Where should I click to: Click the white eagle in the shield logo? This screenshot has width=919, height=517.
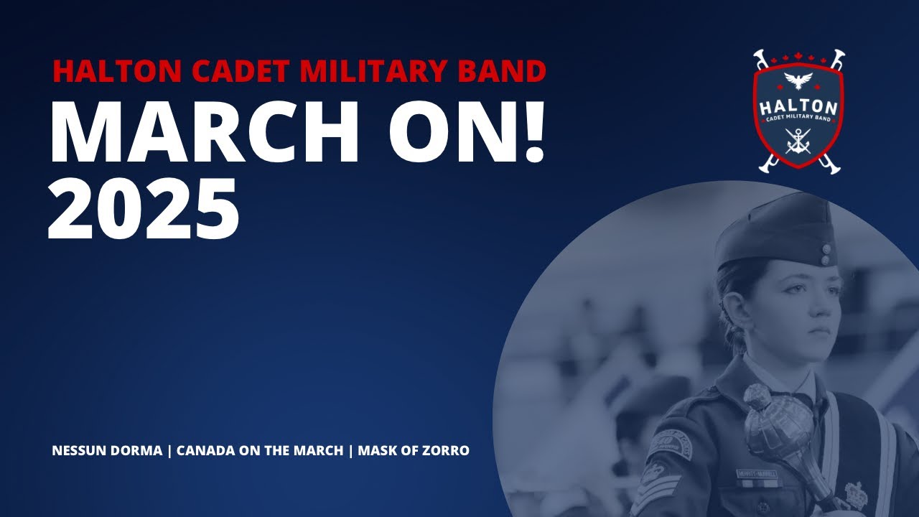(798, 79)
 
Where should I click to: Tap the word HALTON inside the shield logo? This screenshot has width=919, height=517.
(798, 107)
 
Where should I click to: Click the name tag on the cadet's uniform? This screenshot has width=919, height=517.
(755, 474)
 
